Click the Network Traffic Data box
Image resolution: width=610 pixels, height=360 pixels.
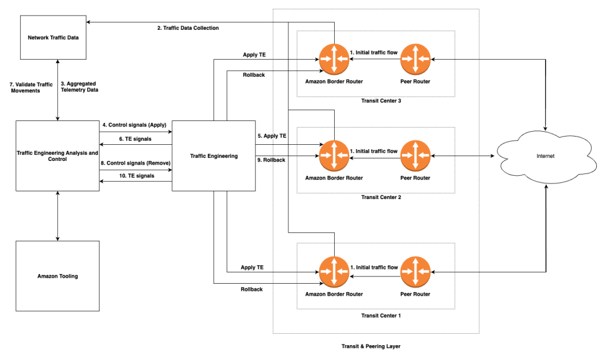[53, 38]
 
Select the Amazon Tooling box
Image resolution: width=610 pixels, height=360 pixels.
[57, 276]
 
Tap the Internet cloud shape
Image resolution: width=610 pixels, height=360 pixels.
[546, 156]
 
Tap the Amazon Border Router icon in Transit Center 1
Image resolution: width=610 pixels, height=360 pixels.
[334, 271]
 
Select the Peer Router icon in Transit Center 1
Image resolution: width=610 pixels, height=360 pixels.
[415, 271]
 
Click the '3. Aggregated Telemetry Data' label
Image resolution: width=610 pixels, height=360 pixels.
[80, 87]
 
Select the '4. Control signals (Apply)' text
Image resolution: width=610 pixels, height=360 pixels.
[135, 125]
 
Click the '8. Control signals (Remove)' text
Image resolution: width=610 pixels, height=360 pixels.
[135, 162]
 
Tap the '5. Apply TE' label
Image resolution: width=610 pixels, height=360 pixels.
[272, 136]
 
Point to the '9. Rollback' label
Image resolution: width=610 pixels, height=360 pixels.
[271, 160]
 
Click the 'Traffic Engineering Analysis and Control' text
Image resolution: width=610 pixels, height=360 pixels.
[58, 156]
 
